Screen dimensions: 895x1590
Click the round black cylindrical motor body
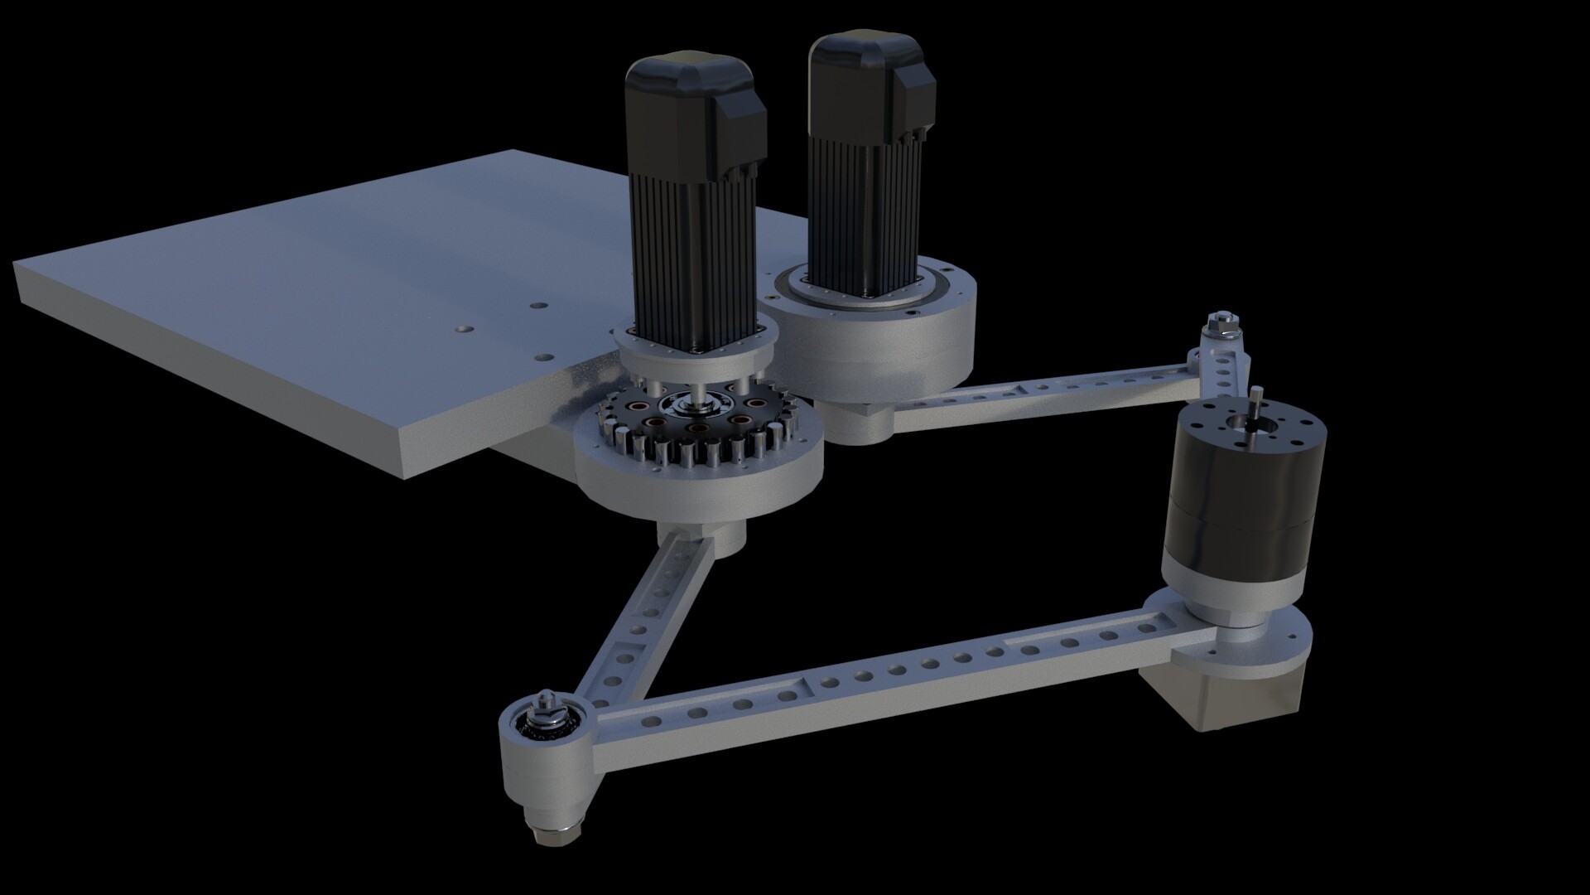1242,489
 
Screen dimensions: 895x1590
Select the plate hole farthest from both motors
462,330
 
